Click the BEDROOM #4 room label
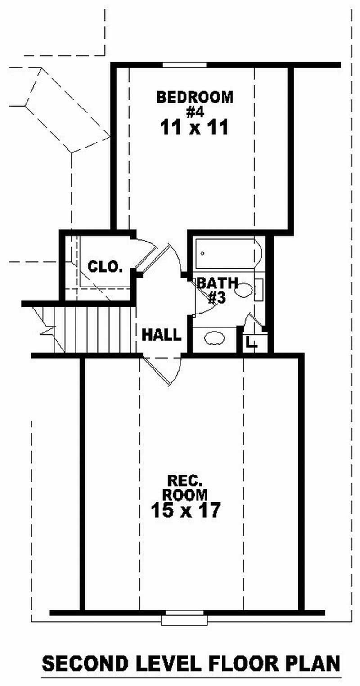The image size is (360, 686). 195,103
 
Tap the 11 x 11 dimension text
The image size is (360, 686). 194,128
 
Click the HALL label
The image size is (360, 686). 162,335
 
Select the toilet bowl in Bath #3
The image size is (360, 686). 243,290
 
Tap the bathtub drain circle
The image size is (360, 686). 203,253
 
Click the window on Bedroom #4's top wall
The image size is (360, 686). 184,65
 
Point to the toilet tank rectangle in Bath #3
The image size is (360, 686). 259,290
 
